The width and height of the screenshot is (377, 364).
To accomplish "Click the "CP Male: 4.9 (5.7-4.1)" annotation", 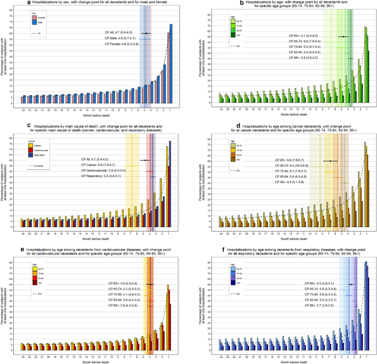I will click(117, 38).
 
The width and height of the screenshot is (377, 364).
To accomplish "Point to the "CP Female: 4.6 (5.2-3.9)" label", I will click(117, 44).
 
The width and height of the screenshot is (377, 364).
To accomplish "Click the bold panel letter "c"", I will click(28, 125).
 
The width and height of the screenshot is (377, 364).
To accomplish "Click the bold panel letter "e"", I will click(28, 248).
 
